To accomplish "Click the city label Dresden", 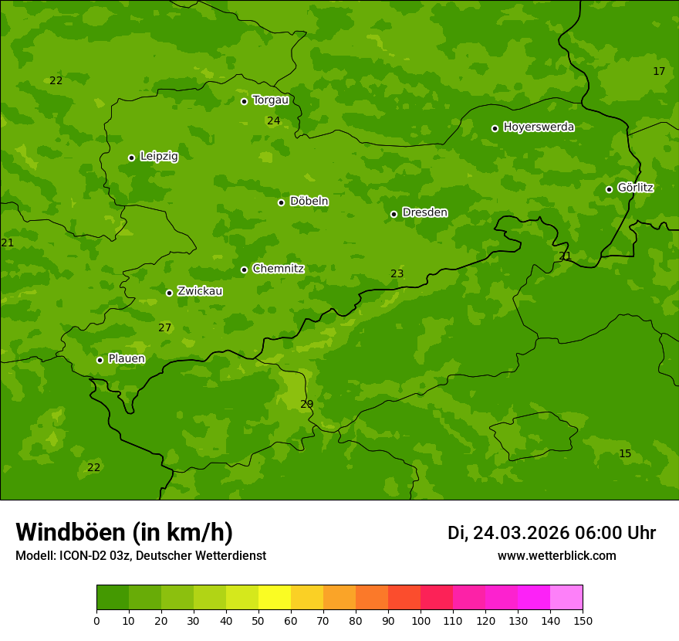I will tap(424, 212).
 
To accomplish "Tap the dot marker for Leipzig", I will tap(131, 158).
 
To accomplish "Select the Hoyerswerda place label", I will tap(539, 127).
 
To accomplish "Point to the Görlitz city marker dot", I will tap(609, 189).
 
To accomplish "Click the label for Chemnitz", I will tap(278, 269).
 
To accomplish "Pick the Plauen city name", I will tap(126, 358).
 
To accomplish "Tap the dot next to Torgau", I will tap(244, 101).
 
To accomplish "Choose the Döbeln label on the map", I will tap(309, 201).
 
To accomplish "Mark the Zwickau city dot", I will tap(169, 293).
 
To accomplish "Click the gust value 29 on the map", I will tap(306, 404).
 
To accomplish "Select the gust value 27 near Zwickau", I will tap(164, 327).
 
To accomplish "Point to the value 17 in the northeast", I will tap(658, 71).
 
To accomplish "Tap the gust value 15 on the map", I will tap(624, 453).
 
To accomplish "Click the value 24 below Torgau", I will tap(273, 120).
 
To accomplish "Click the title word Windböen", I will tap(70, 532).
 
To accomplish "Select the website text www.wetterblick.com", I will tap(556, 555).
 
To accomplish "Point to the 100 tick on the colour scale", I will tap(421, 620).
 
